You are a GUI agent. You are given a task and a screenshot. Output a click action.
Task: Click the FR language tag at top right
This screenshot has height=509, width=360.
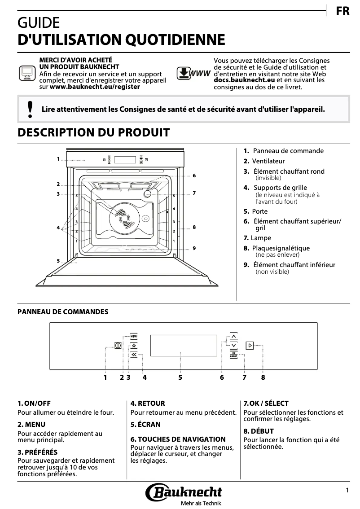tap(342, 11)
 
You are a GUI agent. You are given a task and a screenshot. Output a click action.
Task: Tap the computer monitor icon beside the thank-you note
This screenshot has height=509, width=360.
tap(26, 72)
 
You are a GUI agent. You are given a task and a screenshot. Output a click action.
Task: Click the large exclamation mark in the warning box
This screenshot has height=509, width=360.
tap(30, 109)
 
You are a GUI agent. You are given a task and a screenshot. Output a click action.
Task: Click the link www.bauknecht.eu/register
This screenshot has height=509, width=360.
tap(95, 87)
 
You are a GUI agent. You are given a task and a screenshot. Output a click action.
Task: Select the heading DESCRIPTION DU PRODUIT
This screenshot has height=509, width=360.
tap(93, 132)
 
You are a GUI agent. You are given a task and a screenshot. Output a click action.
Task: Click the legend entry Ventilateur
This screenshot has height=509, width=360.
tap(268, 161)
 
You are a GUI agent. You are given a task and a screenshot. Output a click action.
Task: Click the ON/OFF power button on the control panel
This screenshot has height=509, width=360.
tap(118, 346)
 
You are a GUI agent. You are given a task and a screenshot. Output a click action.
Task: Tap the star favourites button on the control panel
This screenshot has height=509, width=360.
tap(134, 346)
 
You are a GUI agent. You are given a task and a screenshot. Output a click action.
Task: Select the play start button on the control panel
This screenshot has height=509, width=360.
tap(250, 346)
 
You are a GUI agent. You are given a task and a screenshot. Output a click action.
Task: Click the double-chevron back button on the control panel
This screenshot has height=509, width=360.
tap(134, 355)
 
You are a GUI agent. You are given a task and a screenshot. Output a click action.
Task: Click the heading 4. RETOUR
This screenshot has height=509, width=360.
tap(148, 404)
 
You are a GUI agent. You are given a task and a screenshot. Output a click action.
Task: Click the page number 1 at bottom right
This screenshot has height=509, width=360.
tap(347, 491)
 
